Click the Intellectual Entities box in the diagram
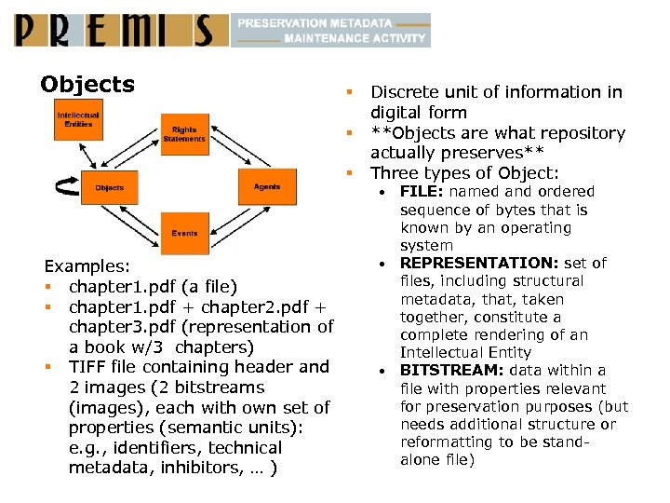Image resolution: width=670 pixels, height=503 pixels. [x=77, y=120]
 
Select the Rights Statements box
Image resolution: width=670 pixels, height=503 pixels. [x=184, y=134]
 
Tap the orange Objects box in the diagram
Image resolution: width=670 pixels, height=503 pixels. [x=110, y=187]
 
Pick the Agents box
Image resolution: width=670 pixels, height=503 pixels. [x=267, y=187]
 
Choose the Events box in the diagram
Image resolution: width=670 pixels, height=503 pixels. [x=184, y=233]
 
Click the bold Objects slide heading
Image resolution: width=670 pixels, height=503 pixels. [x=87, y=85]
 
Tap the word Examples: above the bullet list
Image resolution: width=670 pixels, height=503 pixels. [x=86, y=266]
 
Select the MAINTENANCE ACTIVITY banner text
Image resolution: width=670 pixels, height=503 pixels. [x=355, y=39]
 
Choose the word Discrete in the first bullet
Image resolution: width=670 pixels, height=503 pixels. [x=403, y=91]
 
